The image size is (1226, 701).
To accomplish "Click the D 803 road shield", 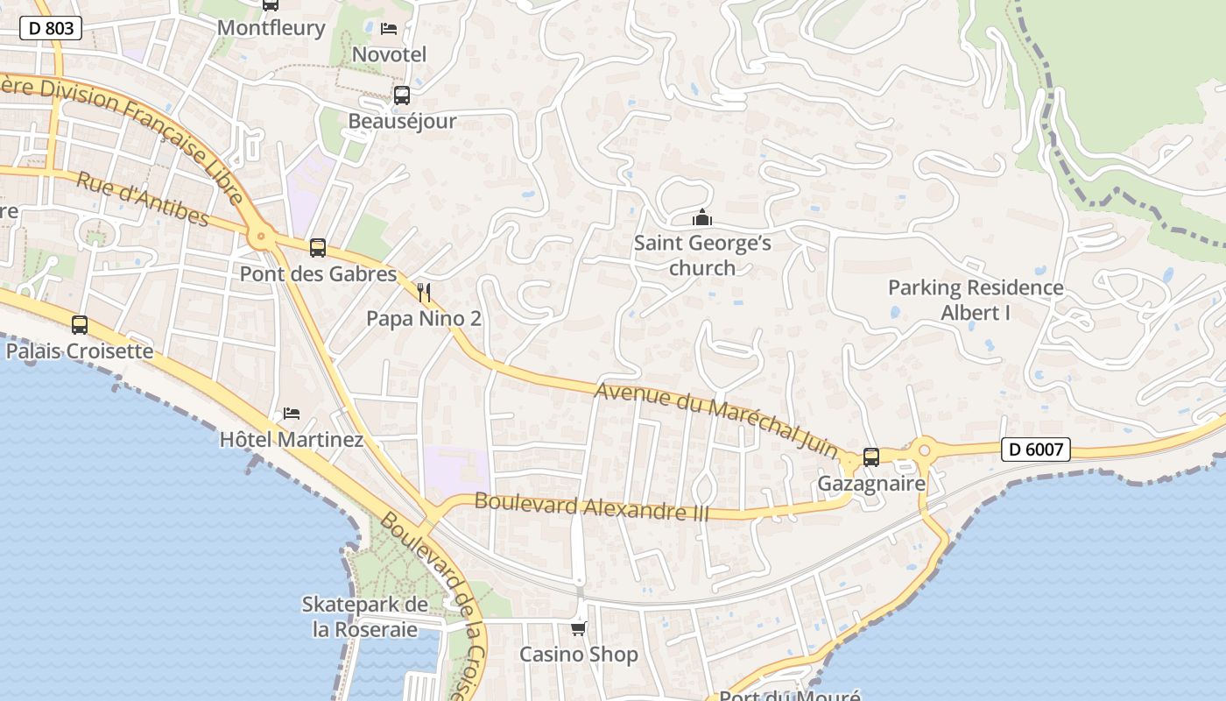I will click(x=51, y=28).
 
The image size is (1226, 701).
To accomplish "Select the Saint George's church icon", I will click(x=701, y=217).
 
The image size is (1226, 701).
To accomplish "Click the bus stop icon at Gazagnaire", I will click(x=871, y=457).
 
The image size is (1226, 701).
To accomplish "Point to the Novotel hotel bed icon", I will click(x=389, y=29).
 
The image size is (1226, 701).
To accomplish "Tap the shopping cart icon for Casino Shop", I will click(x=578, y=628).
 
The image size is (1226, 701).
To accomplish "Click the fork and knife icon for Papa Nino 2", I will click(x=424, y=292).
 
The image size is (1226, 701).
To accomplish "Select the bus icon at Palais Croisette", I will click(x=80, y=325).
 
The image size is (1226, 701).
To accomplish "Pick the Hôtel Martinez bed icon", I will click(x=292, y=413).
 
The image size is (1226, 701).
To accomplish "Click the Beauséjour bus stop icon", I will click(x=402, y=96).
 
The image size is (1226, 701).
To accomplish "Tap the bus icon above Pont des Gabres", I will click(x=318, y=248).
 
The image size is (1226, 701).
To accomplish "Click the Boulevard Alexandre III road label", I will click(x=591, y=507).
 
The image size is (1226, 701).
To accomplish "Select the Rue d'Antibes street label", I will click(x=143, y=200).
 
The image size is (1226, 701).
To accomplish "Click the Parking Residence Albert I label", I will click(x=976, y=300).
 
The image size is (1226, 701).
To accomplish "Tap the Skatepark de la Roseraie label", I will click(x=365, y=617).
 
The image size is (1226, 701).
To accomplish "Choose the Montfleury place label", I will click(x=271, y=27).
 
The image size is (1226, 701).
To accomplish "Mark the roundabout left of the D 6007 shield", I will click(x=924, y=451).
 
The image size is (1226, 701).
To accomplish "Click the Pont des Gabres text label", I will click(x=318, y=273).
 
